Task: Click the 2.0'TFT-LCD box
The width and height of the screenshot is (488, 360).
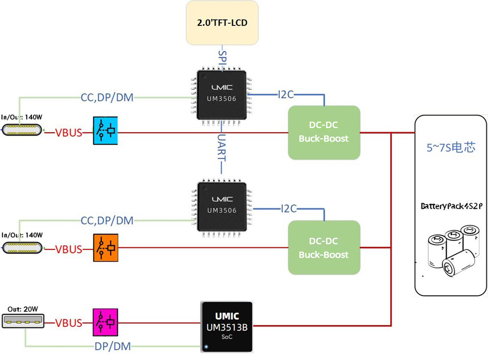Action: (x=222, y=23)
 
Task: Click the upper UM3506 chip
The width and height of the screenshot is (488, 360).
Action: (x=222, y=94)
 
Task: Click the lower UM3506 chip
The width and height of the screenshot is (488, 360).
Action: (x=222, y=206)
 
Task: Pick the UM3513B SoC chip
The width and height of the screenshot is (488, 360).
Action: (x=227, y=327)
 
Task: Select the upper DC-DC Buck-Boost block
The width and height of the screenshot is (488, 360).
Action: (x=324, y=132)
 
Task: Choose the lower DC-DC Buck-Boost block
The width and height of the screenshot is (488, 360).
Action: (x=324, y=247)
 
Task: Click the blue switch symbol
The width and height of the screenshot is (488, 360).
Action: (x=106, y=131)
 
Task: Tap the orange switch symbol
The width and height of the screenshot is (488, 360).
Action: (x=106, y=248)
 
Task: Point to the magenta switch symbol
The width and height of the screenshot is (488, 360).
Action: (x=106, y=322)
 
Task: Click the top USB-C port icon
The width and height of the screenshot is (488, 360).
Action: (x=22, y=130)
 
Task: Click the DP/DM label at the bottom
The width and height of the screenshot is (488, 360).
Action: (x=113, y=346)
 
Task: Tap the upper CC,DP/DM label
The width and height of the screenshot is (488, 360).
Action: (x=107, y=97)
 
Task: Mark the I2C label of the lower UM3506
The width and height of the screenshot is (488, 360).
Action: (x=289, y=209)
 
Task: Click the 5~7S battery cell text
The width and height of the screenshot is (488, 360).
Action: (x=450, y=147)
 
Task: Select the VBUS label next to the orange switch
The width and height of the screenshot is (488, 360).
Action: (x=69, y=249)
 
